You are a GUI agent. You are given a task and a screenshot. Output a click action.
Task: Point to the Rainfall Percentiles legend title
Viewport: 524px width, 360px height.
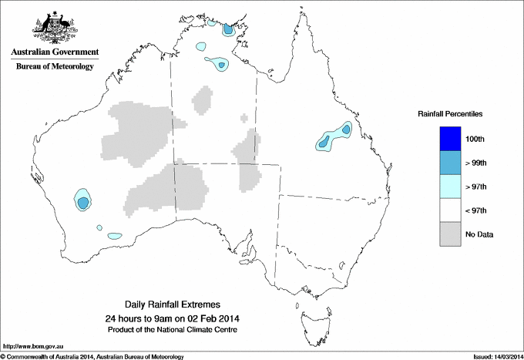pyautogui.click(x=450, y=114)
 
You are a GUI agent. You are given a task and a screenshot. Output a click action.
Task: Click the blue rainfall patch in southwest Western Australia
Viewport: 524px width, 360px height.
pyautogui.click(x=82, y=202)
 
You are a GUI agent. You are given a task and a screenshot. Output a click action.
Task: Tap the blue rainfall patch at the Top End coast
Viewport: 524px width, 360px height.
pyautogui.click(x=228, y=30)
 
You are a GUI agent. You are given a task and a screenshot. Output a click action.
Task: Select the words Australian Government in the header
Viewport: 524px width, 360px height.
pyautogui.click(x=55, y=53)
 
